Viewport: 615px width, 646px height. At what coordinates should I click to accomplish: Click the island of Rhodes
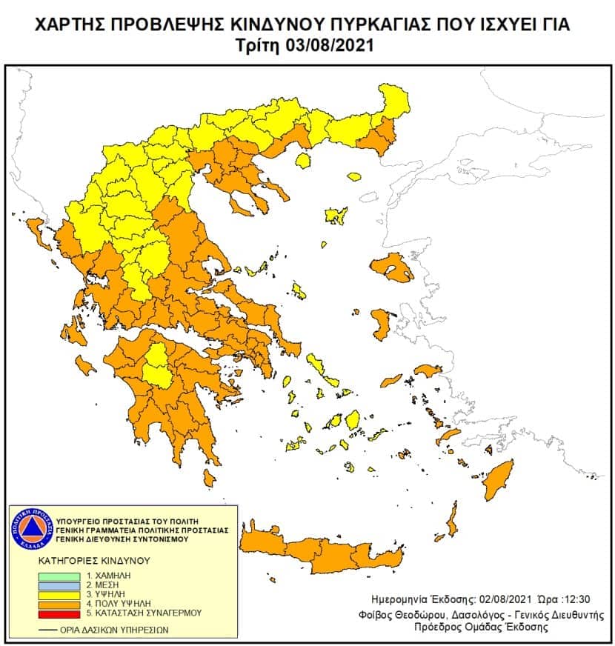point(498,480)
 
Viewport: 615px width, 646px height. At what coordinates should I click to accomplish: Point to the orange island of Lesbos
point(393,267)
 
